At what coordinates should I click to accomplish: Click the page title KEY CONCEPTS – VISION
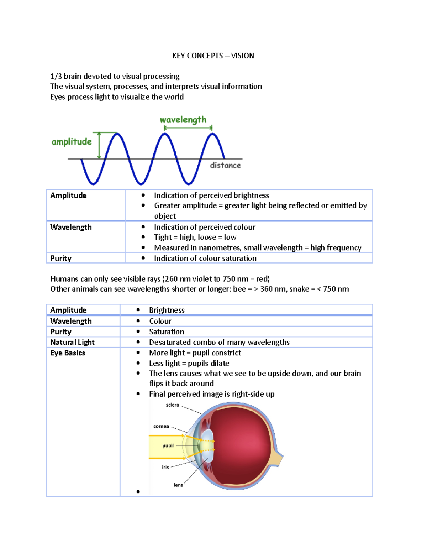(213, 56)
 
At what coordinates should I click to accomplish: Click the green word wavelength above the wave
(183, 120)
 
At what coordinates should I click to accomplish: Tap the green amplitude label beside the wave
(72, 142)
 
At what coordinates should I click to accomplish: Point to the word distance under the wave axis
(225, 165)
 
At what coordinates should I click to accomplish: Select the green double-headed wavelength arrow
(188, 127)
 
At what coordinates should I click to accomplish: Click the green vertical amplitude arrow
(99, 145)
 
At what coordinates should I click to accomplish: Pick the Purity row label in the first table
(61, 258)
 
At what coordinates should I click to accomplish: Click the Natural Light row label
(72, 342)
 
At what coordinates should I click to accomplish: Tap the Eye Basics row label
(68, 353)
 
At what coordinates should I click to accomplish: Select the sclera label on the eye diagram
(173, 405)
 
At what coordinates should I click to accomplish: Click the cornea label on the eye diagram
(161, 426)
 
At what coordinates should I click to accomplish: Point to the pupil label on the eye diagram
(168, 445)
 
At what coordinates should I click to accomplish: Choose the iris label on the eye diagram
(165, 467)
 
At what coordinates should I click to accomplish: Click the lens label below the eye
(178, 485)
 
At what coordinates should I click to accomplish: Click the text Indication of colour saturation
(205, 258)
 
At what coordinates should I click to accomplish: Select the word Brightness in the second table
(167, 310)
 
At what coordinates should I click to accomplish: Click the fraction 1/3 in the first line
(56, 76)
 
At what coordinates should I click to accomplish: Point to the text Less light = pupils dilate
(189, 363)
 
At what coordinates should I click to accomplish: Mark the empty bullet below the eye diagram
(138, 492)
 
